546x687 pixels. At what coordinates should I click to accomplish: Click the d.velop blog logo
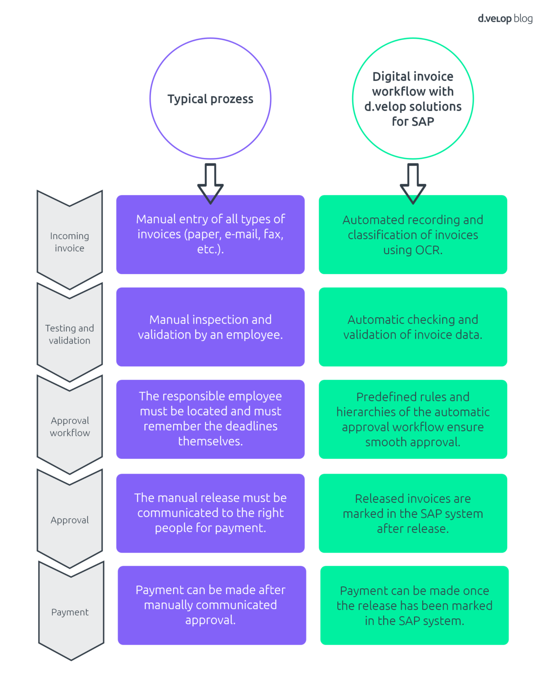[x=505, y=19]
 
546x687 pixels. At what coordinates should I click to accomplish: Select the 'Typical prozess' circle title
[x=210, y=99]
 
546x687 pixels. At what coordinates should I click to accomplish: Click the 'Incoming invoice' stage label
[x=70, y=242]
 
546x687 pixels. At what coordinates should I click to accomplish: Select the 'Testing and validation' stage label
[x=70, y=334]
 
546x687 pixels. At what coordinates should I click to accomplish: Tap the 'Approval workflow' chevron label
[x=70, y=427]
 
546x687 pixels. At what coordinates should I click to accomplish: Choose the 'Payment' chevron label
[x=70, y=612]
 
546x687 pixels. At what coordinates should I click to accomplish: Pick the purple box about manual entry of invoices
[x=210, y=234]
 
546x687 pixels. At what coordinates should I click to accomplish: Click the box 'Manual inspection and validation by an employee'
[x=210, y=327]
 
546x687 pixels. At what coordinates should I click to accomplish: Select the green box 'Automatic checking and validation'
[x=413, y=327]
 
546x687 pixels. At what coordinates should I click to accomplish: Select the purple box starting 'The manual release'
[x=210, y=513]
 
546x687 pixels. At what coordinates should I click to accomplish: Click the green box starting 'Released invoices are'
[x=413, y=513]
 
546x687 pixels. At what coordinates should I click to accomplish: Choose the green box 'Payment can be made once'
[x=414, y=606]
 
